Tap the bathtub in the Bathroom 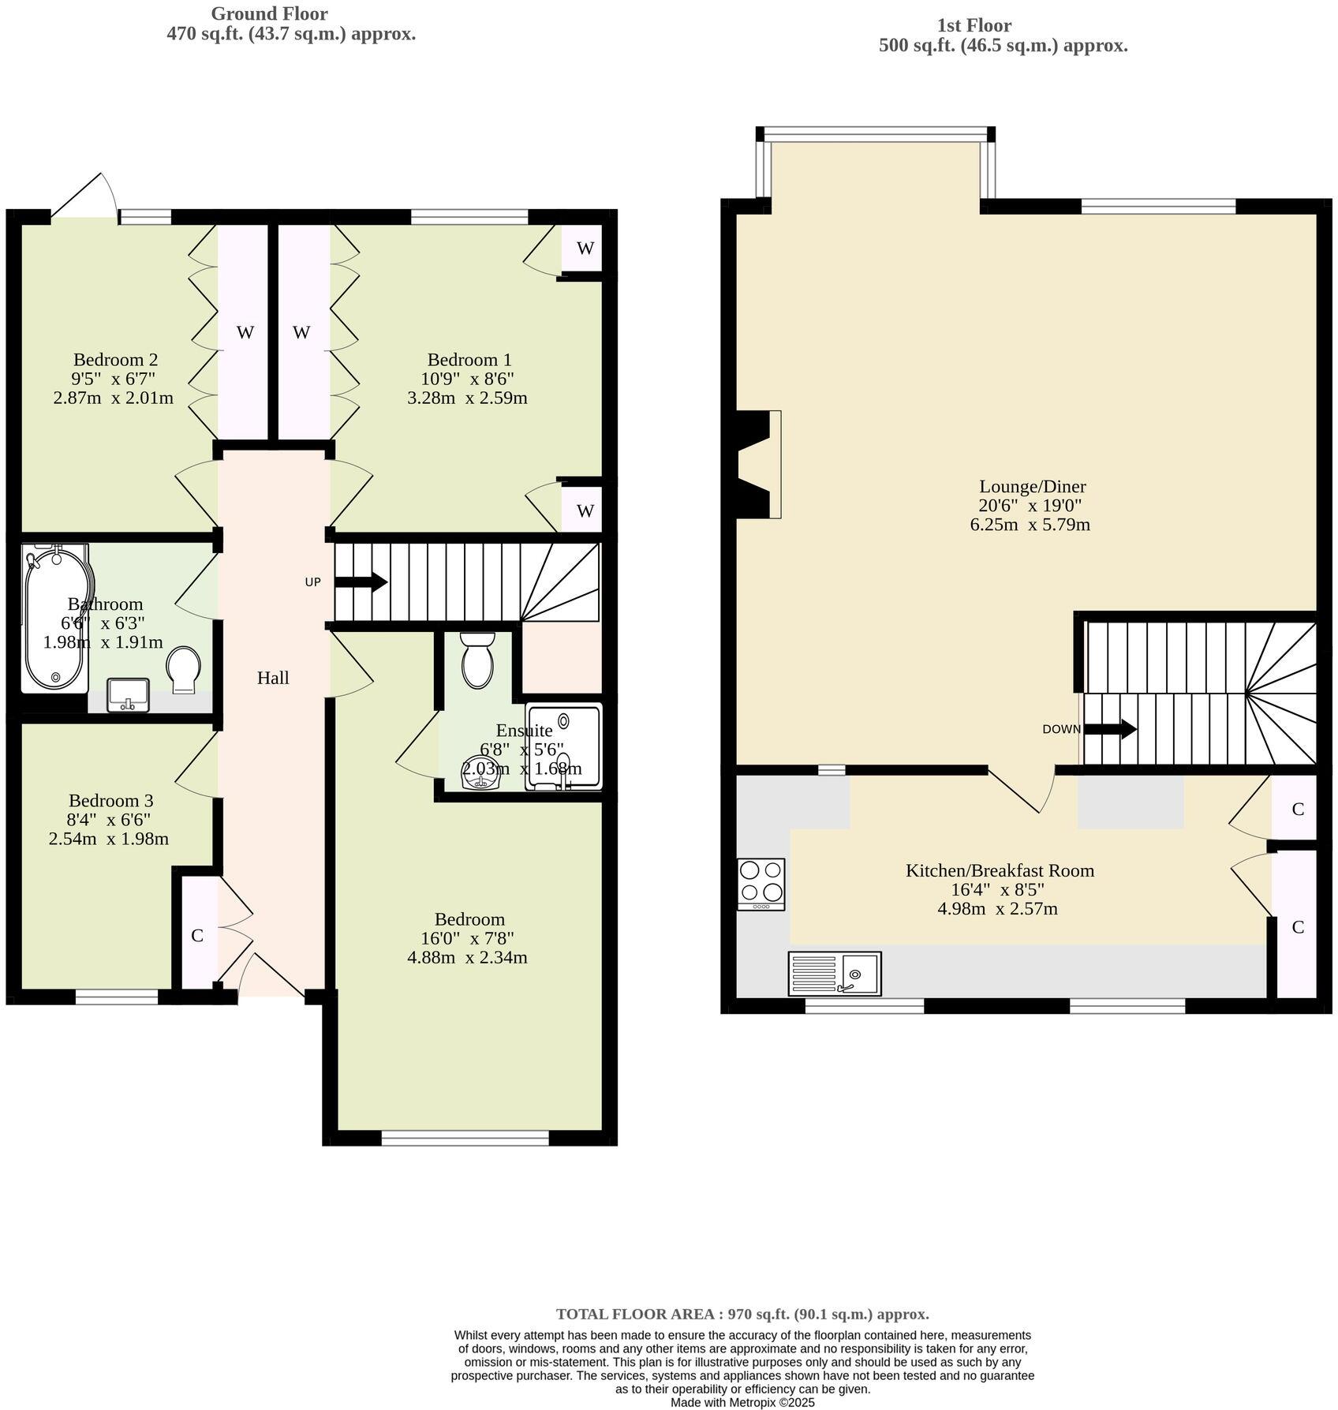[x=54, y=619]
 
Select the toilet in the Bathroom [x=184, y=670]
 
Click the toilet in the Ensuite [x=477, y=661]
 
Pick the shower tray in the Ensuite [x=563, y=746]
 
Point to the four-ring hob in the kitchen [x=761, y=883]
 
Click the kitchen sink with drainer [x=835, y=973]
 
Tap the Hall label [x=273, y=678]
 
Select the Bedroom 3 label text [x=110, y=801]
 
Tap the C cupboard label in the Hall [x=197, y=935]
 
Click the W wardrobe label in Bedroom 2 [x=245, y=332]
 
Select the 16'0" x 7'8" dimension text [x=469, y=939]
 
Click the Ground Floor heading [x=269, y=13]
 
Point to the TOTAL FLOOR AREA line [x=742, y=1315]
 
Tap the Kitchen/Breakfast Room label [x=1000, y=870]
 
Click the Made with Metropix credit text [x=742, y=1402]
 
